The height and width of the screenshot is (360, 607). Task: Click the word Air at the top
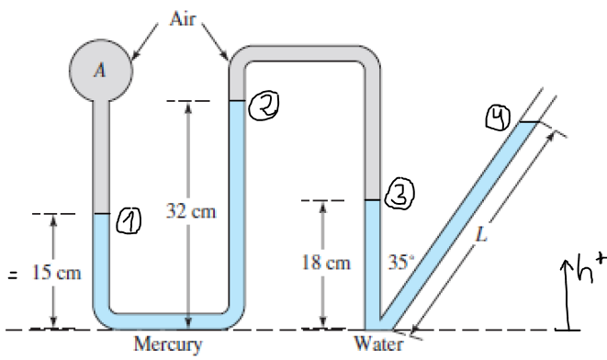point(183,18)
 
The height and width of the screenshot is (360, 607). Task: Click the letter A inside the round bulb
point(100,70)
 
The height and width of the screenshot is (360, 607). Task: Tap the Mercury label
point(168,344)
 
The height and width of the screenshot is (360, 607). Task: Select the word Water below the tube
point(378,343)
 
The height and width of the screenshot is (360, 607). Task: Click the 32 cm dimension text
point(191,211)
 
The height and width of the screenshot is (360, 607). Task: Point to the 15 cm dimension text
point(57,273)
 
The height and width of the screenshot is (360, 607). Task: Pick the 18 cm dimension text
point(326,263)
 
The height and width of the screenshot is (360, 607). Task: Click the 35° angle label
point(401,262)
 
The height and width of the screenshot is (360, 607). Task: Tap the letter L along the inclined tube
point(481,234)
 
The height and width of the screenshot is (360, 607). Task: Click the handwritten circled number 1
point(129,221)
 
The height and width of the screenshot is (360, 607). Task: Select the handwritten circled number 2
point(264,106)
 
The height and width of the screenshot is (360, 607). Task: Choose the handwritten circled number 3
point(399,194)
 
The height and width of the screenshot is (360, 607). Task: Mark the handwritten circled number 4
point(498,118)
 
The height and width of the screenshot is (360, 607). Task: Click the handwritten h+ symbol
point(590,268)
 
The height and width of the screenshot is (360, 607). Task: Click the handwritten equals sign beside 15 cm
point(12,276)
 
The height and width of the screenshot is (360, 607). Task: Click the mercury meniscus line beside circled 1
point(101,214)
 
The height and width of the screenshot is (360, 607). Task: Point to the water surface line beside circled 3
point(373,200)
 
